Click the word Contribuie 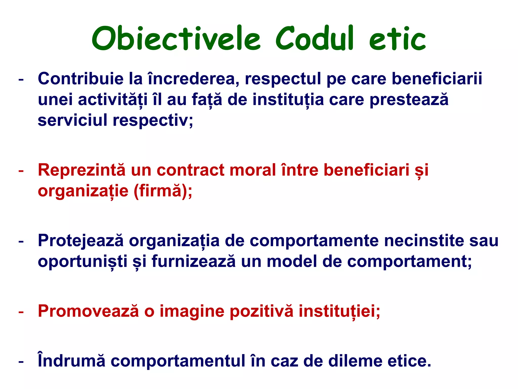tap(80, 79)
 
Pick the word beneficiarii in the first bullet tap(437, 79)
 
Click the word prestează tap(409, 100)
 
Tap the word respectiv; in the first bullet tap(153, 121)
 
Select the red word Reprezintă tap(81, 170)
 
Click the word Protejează tap(81, 240)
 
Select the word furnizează tap(193, 261)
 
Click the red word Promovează tap(88, 311)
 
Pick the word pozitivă tap(262, 311)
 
